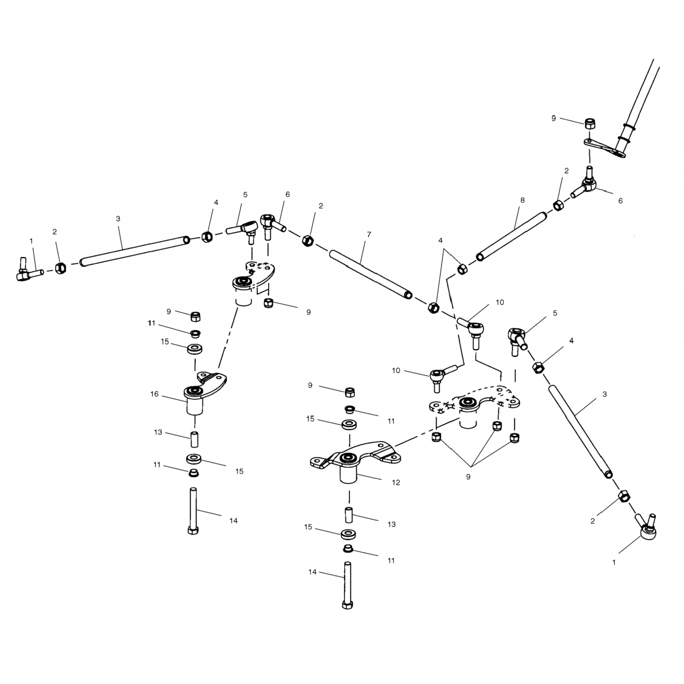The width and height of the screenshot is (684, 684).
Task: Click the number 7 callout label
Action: (x=369, y=235)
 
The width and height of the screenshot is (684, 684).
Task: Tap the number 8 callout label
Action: (x=522, y=200)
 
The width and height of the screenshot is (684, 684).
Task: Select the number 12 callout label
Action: (x=396, y=482)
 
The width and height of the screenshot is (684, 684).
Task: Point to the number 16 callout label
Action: (x=155, y=394)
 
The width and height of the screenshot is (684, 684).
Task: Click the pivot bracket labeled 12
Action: (x=356, y=461)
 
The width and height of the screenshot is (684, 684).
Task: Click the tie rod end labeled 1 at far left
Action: (x=28, y=271)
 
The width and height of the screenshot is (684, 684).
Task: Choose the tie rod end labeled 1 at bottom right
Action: (x=648, y=527)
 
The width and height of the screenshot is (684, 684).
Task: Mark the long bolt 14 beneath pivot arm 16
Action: (x=193, y=511)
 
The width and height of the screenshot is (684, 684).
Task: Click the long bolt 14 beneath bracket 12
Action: (x=347, y=586)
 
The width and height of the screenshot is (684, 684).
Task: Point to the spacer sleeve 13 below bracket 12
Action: (x=349, y=515)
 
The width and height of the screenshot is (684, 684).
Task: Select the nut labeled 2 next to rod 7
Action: (x=308, y=240)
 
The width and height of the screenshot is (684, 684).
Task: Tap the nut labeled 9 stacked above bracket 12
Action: (x=350, y=392)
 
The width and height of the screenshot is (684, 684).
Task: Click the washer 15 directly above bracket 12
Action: (x=349, y=424)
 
